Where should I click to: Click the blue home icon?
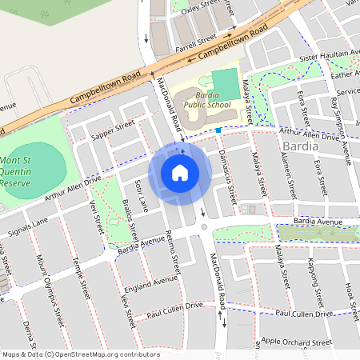[180, 172]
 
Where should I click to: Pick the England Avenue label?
[151, 285]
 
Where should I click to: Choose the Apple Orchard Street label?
[297, 342]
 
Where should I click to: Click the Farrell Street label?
[196, 40]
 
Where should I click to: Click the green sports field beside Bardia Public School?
[226, 83]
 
